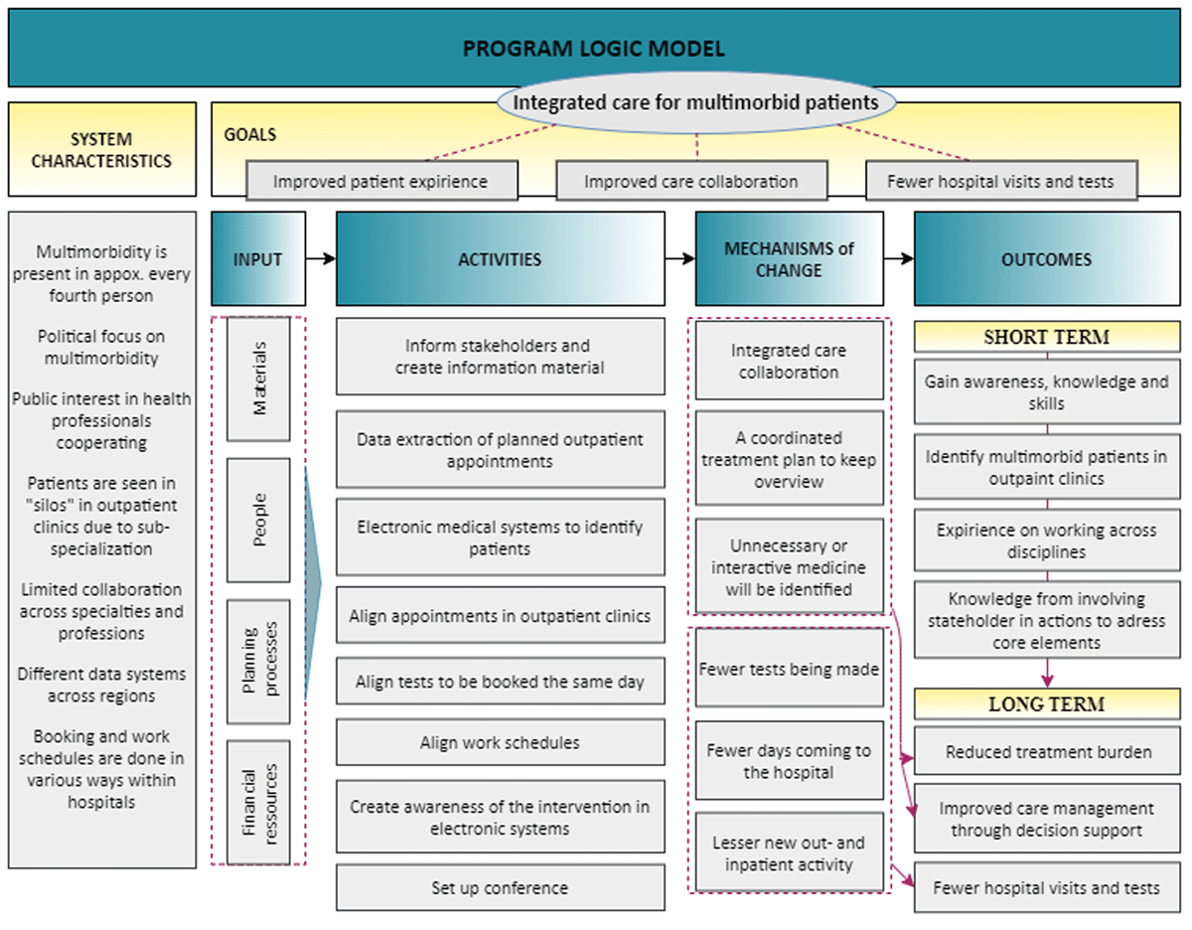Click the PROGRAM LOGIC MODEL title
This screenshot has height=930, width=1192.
(594, 48)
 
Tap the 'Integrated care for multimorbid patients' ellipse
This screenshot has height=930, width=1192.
(695, 102)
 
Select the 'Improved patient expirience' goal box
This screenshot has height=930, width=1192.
(381, 182)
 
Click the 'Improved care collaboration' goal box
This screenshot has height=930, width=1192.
(690, 182)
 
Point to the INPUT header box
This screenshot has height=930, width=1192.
(257, 259)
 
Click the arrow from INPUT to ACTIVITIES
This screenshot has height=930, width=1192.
(321, 259)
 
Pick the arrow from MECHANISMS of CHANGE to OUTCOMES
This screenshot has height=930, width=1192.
(898, 259)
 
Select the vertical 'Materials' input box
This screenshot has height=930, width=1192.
(258, 379)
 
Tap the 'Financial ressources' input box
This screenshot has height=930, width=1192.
(258, 801)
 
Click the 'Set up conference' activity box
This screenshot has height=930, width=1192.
(500, 887)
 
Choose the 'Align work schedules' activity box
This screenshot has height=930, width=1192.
(500, 742)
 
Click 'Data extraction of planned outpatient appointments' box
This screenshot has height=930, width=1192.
(500, 450)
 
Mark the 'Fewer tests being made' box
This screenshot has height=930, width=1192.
(789, 669)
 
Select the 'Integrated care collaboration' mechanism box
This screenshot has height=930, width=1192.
(789, 362)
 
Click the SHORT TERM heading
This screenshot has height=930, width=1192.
(1046, 337)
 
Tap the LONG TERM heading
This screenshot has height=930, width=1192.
(1046, 704)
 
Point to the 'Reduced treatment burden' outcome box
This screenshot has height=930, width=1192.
(1046, 752)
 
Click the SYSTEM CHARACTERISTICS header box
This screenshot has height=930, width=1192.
(100, 150)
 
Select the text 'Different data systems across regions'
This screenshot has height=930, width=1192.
(100, 685)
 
